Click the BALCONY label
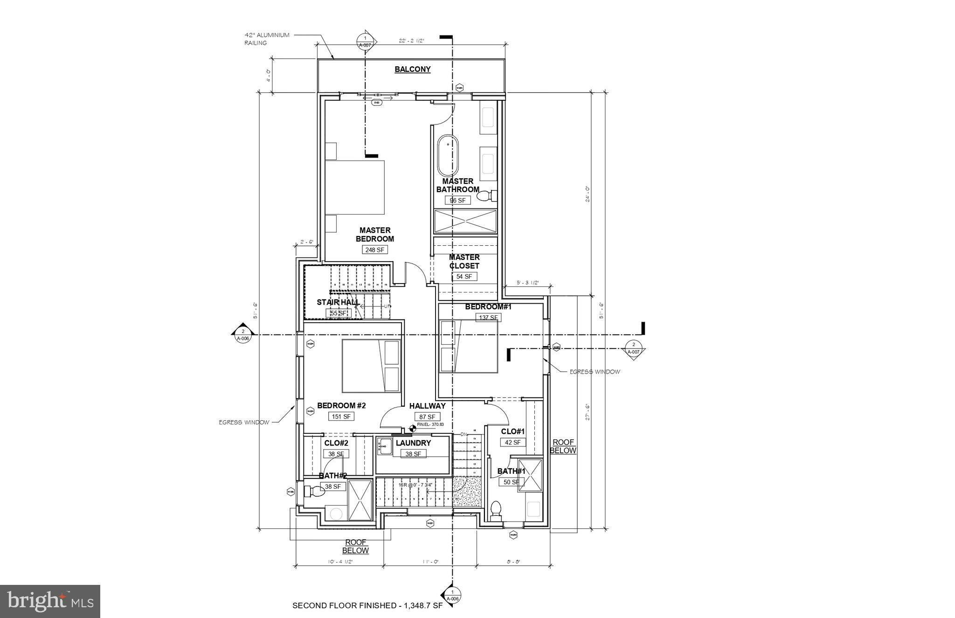point(412,69)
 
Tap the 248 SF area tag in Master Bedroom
point(374,250)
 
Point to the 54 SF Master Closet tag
point(464,277)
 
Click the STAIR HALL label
point(338,302)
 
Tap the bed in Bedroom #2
point(371,366)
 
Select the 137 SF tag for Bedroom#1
point(488,318)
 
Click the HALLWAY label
point(427,406)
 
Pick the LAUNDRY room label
point(413,443)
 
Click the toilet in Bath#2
point(314,491)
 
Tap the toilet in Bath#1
point(496,510)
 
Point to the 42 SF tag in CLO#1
point(513,442)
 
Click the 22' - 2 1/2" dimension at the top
point(411,41)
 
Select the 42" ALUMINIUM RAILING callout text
point(267,39)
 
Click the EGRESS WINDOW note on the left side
point(244,423)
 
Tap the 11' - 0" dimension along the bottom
point(430,562)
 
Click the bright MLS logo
point(50,601)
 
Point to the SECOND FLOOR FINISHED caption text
point(367,606)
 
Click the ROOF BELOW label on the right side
point(564,446)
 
